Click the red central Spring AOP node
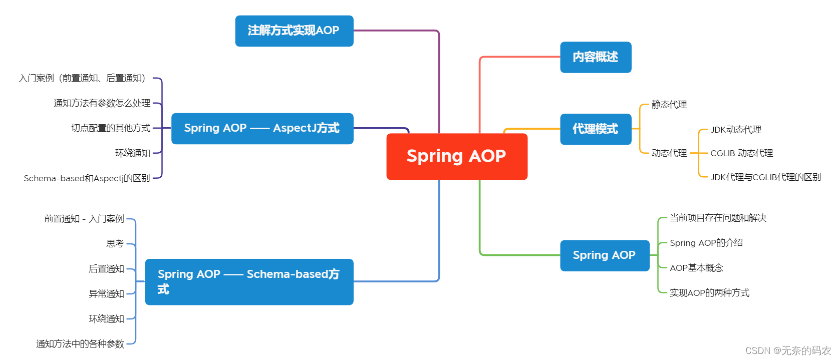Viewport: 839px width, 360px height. tap(456, 156)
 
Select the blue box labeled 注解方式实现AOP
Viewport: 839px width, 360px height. tap(294, 31)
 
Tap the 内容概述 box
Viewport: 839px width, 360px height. tap(595, 57)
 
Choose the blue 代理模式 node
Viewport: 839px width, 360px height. tap(595, 129)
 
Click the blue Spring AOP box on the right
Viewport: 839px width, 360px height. tap(604, 255)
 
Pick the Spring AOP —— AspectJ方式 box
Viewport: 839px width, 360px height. tap(262, 128)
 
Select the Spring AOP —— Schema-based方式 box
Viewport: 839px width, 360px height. tap(249, 281)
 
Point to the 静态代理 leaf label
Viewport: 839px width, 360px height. tap(669, 105)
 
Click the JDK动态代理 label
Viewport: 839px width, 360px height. tap(736, 130)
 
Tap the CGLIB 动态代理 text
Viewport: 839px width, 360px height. tap(741, 153)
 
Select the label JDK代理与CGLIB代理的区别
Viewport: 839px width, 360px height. tap(765, 177)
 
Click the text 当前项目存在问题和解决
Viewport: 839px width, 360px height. tap(718, 218)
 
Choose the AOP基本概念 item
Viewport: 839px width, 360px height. tap(696, 268)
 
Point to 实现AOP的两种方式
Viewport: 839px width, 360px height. tap(709, 293)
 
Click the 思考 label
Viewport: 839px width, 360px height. tap(115, 244)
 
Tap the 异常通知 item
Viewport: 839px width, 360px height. tap(106, 294)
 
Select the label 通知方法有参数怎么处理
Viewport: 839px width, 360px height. tap(102, 103)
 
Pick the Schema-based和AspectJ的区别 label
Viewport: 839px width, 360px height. tap(87, 178)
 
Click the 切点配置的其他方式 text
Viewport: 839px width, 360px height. tap(111, 128)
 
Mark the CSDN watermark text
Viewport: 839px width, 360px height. tap(787, 350)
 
